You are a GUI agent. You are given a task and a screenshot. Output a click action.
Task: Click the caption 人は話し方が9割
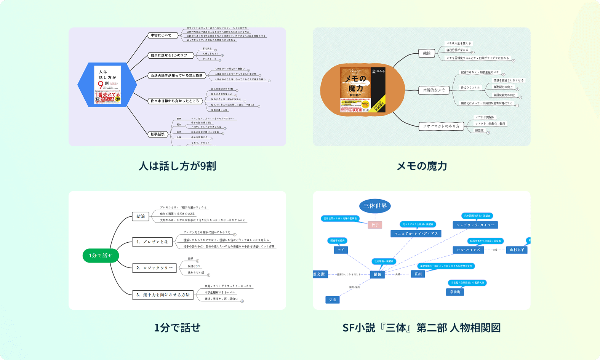tap(177, 166)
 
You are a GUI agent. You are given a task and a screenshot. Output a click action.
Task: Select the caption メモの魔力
tap(422, 166)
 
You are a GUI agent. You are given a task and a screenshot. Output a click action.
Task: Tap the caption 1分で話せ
tap(177, 328)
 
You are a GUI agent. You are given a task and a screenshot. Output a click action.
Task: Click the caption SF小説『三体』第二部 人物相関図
tap(421, 328)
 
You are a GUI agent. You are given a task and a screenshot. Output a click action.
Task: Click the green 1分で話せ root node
tap(101, 255)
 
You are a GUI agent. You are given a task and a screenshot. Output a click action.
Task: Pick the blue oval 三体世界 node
tap(375, 206)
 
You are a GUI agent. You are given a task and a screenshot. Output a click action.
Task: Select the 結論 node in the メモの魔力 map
tap(427, 53)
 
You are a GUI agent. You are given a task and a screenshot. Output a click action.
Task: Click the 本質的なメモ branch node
tap(434, 90)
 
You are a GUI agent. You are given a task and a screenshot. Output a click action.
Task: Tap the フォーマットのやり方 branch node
tap(441, 126)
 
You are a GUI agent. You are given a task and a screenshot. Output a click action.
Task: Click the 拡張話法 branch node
tap(158, 134)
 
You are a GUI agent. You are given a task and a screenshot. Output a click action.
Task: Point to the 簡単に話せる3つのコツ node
tap(169, 56)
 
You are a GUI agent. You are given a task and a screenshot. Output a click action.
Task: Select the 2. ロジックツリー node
tap(154, 268)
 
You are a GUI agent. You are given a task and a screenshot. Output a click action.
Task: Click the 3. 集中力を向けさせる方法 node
tap(163, 294)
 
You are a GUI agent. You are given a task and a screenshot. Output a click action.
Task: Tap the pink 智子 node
tap(375, 225)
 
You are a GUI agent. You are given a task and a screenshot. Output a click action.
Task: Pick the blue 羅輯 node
tap(377, 274)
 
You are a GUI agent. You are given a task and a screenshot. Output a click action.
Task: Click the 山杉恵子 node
tap(517, 250)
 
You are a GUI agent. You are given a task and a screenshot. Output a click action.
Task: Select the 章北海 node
tap(455, 292)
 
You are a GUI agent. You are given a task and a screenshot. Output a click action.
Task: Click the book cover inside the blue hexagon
tap(107, 85)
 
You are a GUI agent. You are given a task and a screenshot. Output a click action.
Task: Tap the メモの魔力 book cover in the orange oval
tap(363, 90)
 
